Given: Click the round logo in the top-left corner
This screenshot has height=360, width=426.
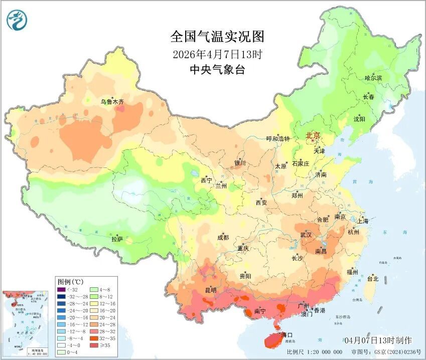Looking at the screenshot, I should click(x=17, y=20).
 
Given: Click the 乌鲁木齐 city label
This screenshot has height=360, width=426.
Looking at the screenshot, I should click(x=112, y=102).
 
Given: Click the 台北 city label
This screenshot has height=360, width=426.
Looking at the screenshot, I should click(x=373, y=278).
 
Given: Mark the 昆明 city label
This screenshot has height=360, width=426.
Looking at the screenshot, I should click(x=210, y=290).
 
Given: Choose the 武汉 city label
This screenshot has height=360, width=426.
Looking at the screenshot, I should click(x=306, y=235).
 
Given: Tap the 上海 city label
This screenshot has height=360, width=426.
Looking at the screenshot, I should click(x=363, y=221).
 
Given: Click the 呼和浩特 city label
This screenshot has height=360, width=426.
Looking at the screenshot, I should click(x=278, y=139).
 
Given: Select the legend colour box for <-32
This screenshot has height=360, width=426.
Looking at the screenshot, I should click(x=62, y=289).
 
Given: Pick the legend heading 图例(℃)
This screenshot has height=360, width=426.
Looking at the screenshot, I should click(x=70, y=281).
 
